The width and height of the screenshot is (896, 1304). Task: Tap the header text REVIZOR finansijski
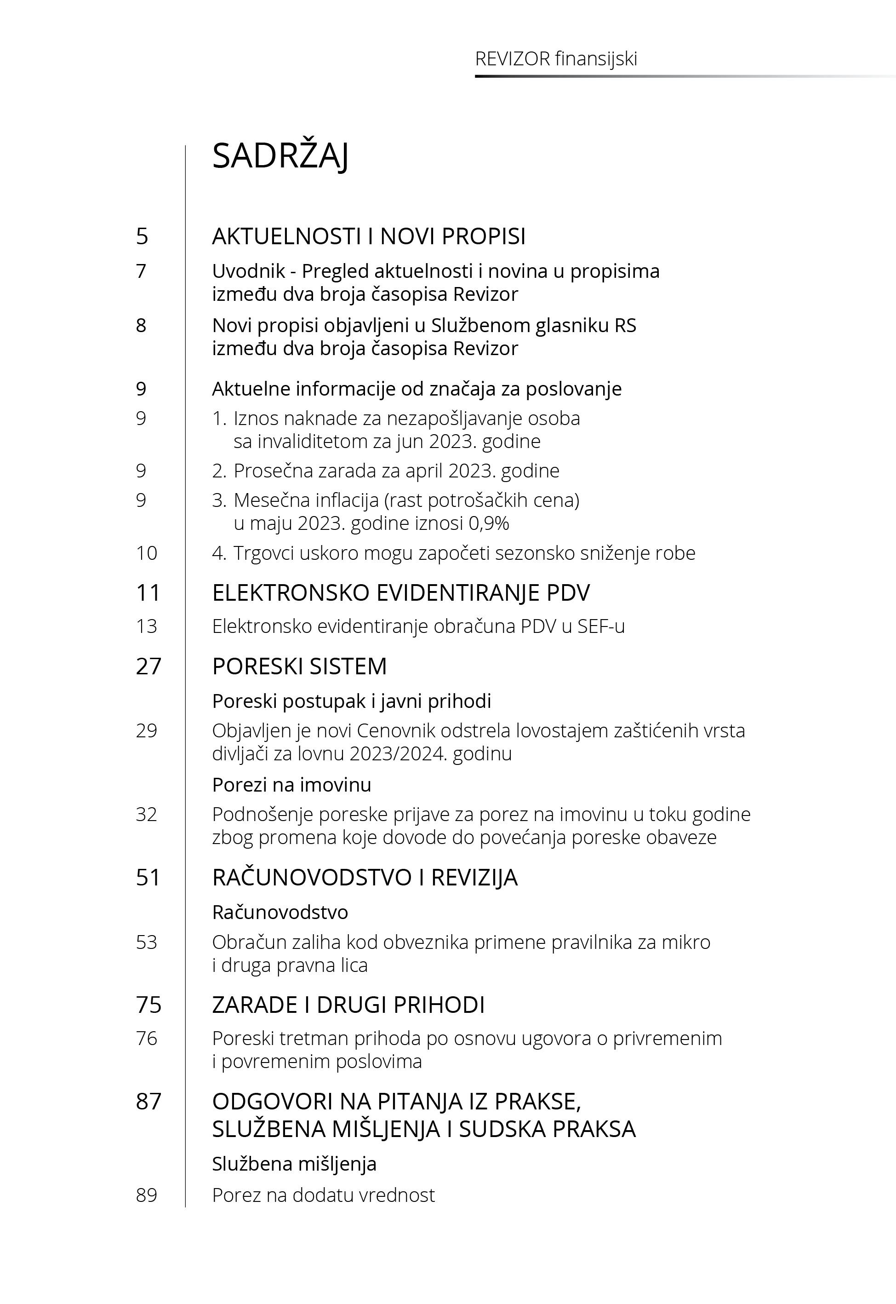tap(556, 59)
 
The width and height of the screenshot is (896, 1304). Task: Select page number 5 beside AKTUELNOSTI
tap(142, 236)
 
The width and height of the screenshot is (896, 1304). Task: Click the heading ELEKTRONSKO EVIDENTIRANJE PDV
tap(401, 593)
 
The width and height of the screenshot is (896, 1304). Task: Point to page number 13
tap(147, 626)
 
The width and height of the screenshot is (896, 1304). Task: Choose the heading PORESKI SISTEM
tap(299, 666)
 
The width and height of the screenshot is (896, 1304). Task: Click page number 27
tap(148, 666)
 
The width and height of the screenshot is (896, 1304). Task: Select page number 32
tap(147, 814)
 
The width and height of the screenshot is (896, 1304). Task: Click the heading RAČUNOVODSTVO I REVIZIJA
tap(365, 877)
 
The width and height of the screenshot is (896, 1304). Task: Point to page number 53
tap(147, 942)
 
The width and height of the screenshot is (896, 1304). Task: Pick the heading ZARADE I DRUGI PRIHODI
tap(348, 1005)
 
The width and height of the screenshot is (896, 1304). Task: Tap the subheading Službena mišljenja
tap(294, 1164)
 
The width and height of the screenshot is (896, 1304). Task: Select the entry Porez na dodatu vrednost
tap(323, 1195)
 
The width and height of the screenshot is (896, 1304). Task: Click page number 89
tap(147, 1195)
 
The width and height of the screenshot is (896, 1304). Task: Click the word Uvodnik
tap(249, 271)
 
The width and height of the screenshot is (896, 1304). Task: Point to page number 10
tap(147, 553)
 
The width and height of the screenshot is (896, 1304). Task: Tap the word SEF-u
tap(601, 626)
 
